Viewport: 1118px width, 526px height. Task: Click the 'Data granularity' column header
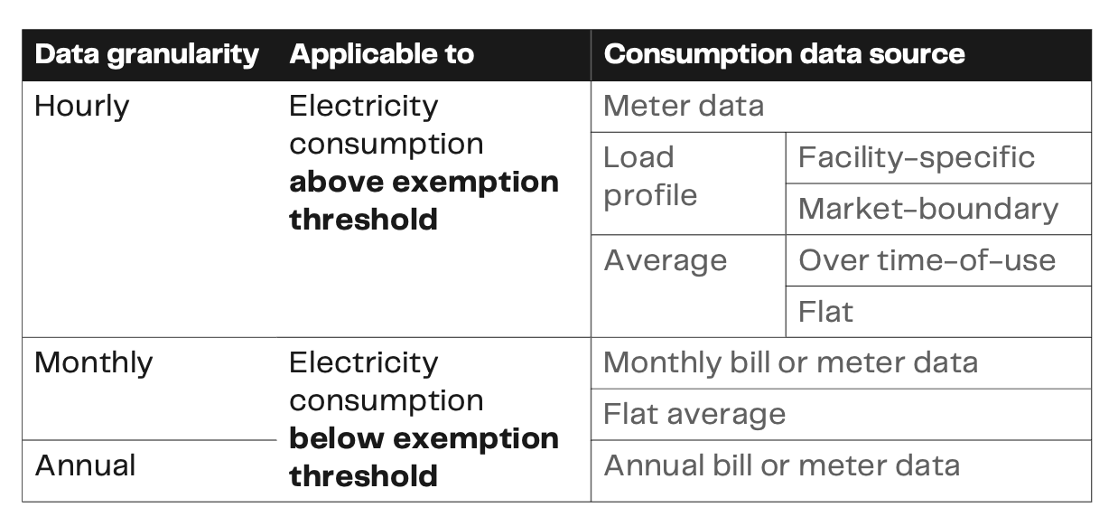tap(146, 54)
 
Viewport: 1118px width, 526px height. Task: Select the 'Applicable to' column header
tap(381, 54)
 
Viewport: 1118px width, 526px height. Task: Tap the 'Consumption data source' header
tap(784, 54)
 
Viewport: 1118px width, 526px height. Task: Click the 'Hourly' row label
tap(81, 107)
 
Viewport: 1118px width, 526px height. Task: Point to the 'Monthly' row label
tap(93, 363)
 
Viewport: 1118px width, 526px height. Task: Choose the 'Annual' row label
tap(85, 466)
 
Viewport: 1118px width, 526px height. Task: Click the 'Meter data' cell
tap(683, 107)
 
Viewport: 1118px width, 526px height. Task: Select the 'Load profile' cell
tap(650, 176)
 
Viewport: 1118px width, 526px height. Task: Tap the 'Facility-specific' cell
tap(916, 157)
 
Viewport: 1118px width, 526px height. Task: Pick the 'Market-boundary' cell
tap(927, 209)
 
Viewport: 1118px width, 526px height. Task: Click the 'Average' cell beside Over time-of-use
tap(665, 260)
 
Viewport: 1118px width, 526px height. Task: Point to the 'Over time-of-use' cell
tap(927, 260)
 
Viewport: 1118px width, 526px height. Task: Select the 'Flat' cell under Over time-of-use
tap(825, 312)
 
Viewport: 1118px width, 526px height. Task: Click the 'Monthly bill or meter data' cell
tap(790, 363)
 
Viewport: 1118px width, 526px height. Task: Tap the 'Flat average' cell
tap(694, 415)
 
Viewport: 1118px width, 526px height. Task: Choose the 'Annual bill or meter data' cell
tap(781, 466)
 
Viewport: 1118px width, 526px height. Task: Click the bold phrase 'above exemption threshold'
tap(424, 201)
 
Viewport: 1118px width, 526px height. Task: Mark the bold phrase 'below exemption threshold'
tap(424, 457)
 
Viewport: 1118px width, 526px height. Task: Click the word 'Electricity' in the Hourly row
tap(363, 107)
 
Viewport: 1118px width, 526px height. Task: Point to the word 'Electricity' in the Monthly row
tap(363, 363)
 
